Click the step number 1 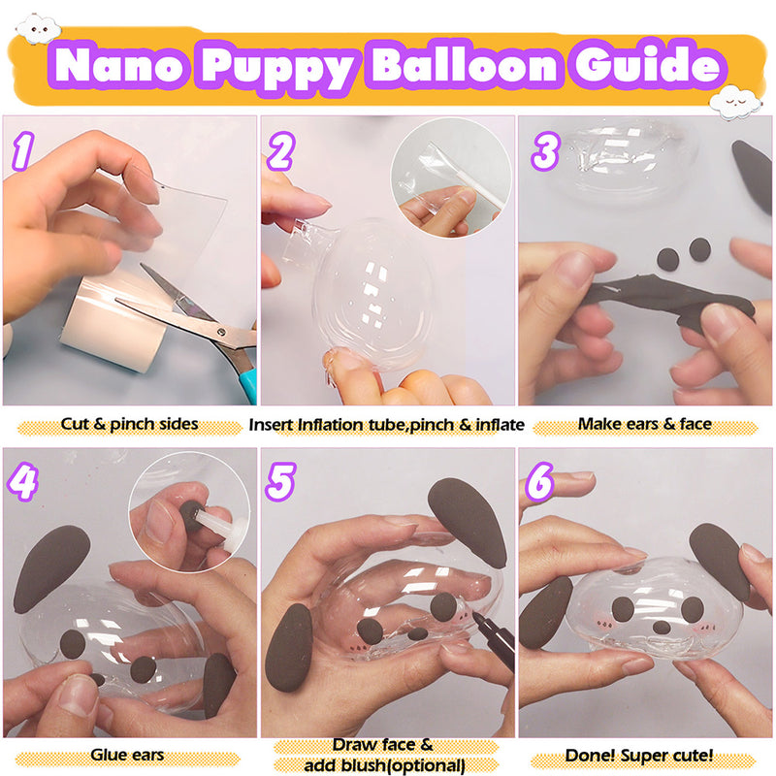click(24, 152)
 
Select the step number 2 click(281, 152)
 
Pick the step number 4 click(24, 482)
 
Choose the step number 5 click(281, 482)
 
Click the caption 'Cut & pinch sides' click(129, 424)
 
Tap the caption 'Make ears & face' click(645, 424)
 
